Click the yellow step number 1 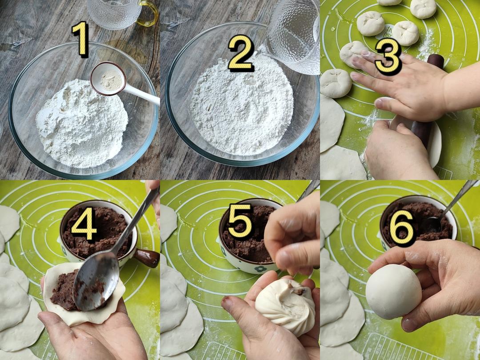tap(81, 39)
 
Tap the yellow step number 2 tap(241, 53)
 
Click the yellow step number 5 tap(240, 221)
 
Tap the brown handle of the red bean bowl tap(147, 258)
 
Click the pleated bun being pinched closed tap(285, 306)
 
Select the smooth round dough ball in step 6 tap(393, 292)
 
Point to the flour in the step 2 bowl tap(242, 107)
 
